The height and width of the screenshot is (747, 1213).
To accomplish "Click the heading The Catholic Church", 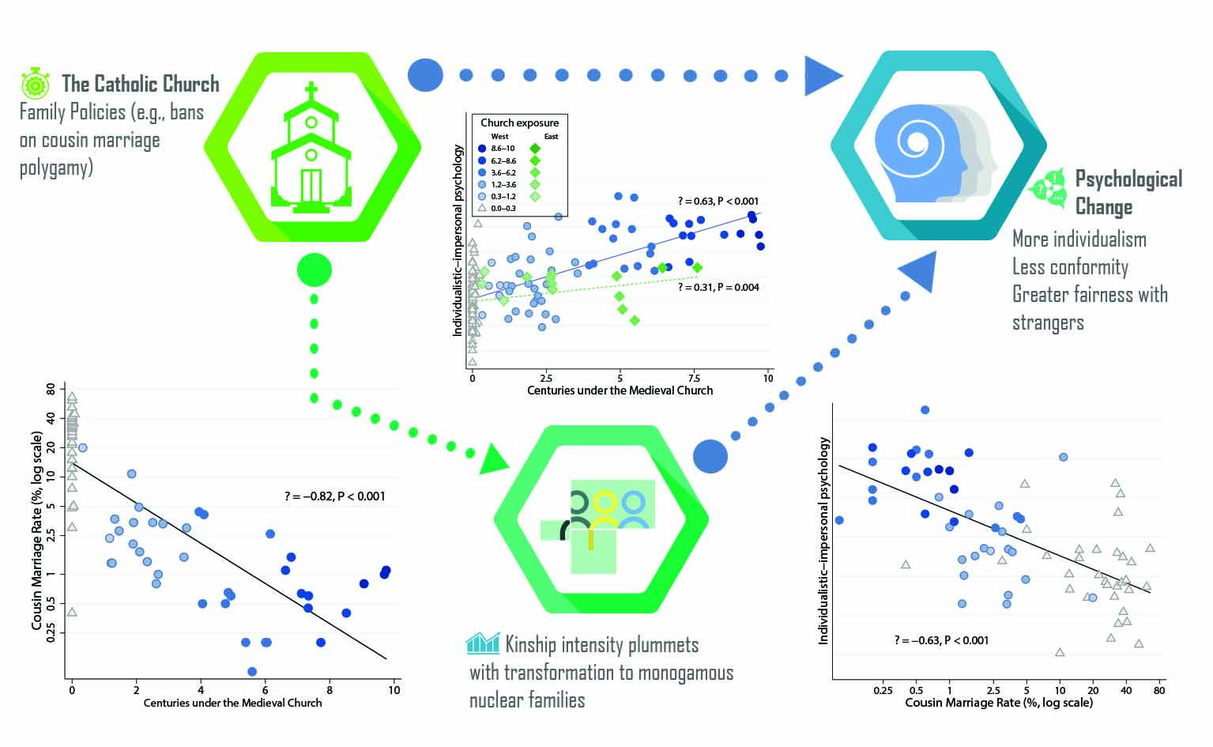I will (140, 84).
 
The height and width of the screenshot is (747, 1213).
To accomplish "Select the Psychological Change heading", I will (1128, 192).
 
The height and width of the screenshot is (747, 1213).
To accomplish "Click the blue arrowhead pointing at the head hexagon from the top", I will (822, 76).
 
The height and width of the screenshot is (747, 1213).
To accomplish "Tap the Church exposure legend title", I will (519, 123).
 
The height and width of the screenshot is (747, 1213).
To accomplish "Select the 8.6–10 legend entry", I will (503, 149).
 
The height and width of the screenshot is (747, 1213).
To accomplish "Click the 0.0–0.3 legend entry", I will (503, 208).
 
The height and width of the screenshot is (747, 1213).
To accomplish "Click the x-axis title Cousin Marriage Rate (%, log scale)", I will (998, 703).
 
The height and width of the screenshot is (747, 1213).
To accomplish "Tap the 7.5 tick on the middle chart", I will (694, 378).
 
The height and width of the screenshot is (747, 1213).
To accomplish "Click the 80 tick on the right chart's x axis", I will (1158, 690).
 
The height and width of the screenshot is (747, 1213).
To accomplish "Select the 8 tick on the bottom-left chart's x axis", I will (330, 690).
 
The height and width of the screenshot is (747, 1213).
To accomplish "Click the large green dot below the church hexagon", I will (314, 270).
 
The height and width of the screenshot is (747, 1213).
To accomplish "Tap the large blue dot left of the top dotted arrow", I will (425, 75).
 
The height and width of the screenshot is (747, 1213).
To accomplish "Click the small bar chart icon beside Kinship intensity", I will (482, 643).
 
